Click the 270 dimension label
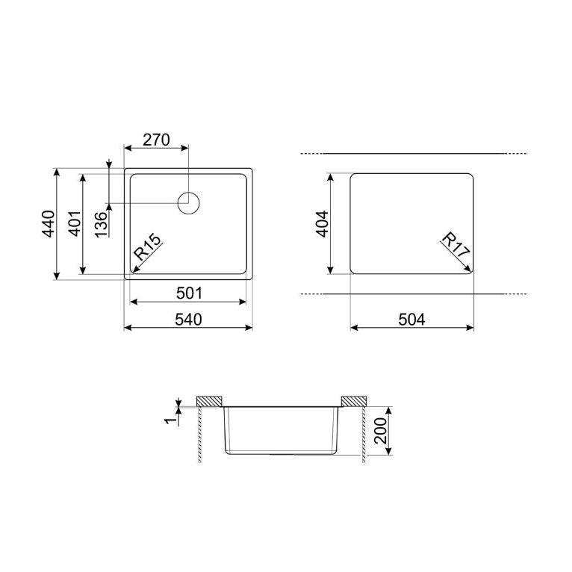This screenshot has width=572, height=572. [x=156, y=140]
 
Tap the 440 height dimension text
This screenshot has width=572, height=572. [x=49, y=223]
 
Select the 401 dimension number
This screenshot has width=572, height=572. [x=75, y=223]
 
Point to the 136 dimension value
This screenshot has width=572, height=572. [x=102, y=224]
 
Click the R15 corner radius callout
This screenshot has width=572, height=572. [x=147, y=246]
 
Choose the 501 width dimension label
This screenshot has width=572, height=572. [x=189, y=293]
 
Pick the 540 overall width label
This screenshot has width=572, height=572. [x=188, y=320]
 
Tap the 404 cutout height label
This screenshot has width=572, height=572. [x=322, y=224]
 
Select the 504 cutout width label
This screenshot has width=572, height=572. [x=412, y=320]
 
